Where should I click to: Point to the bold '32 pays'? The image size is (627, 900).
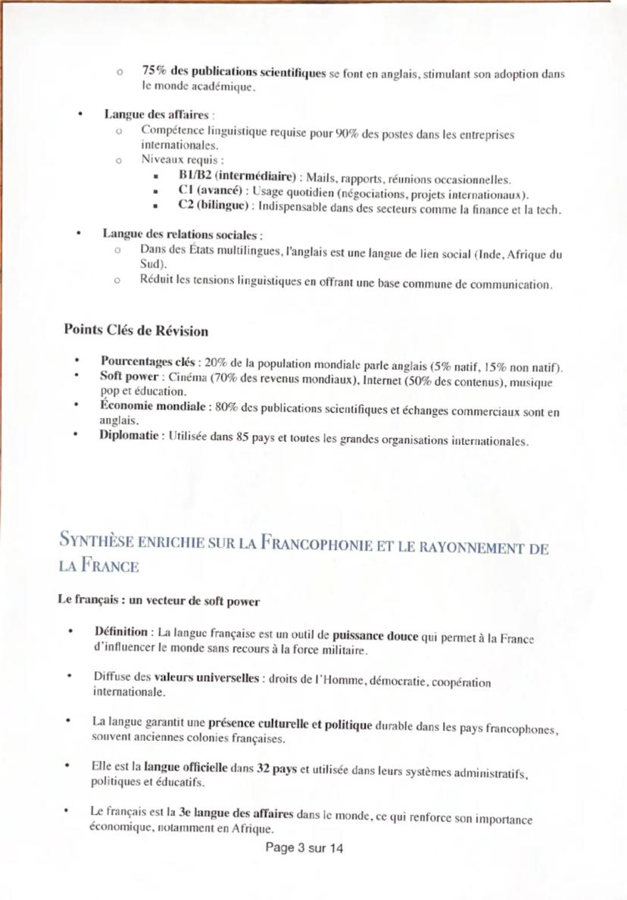[276, 767]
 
